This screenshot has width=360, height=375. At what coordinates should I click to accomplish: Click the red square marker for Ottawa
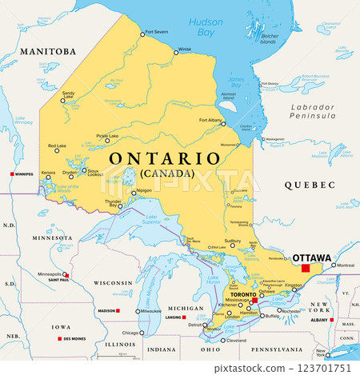[305, 267]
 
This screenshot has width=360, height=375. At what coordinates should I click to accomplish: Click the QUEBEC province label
[308, 185]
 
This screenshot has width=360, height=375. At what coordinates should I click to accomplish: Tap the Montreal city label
[346, 265]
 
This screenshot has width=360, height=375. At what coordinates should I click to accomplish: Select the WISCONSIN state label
[112, 282]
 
